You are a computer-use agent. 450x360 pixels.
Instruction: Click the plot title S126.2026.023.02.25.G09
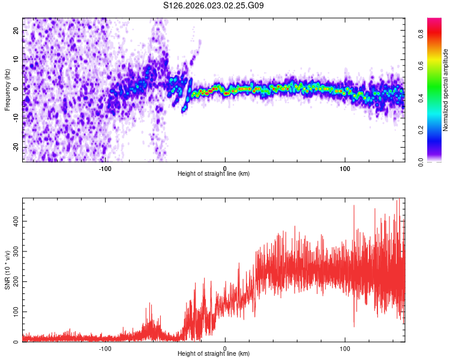(x=214, y=5)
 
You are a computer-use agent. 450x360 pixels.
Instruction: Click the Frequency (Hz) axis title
(x=7, y=89)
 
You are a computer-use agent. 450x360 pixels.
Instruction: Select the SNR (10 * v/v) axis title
(x=7, y=271)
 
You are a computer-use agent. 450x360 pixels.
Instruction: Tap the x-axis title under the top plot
(x=214, y=173)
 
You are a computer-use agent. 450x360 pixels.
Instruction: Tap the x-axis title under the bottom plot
(x=214, y=354)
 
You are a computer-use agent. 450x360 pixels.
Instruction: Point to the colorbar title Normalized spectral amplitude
(x=446, y=90)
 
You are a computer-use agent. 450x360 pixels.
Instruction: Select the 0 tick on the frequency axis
(x=16, y=89)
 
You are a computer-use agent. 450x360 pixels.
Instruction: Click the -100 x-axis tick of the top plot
(x=105, y=167)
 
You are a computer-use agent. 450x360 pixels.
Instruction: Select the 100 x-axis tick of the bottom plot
(x=345, y=348)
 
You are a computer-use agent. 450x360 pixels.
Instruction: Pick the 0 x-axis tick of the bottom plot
(x=225, y=348)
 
